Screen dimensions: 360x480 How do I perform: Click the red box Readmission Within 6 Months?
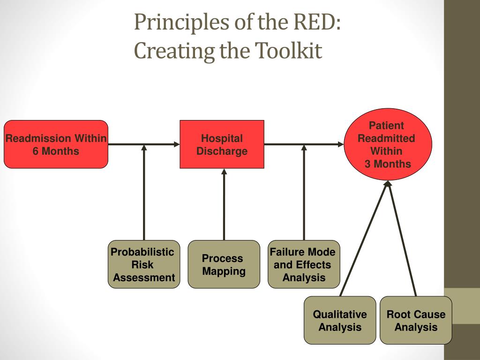tap(56, 144)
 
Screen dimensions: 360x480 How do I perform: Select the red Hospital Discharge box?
tap(222, 144)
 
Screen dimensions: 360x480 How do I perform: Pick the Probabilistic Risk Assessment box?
tap(143, 264)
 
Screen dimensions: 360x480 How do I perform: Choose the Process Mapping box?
tap(224, 264)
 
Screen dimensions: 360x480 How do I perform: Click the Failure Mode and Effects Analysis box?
tap(304, 264)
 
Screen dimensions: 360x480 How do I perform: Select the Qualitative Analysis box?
tap(340, 321)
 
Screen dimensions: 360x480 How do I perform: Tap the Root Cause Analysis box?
tap(416, 321)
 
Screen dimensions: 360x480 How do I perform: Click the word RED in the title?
tap(315, 22)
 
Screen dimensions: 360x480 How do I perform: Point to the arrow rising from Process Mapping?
tap(224, 206)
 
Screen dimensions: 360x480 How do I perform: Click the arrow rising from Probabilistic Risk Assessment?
tap(144, 197)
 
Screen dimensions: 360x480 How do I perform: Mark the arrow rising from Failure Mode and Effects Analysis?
tap(304, 197)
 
